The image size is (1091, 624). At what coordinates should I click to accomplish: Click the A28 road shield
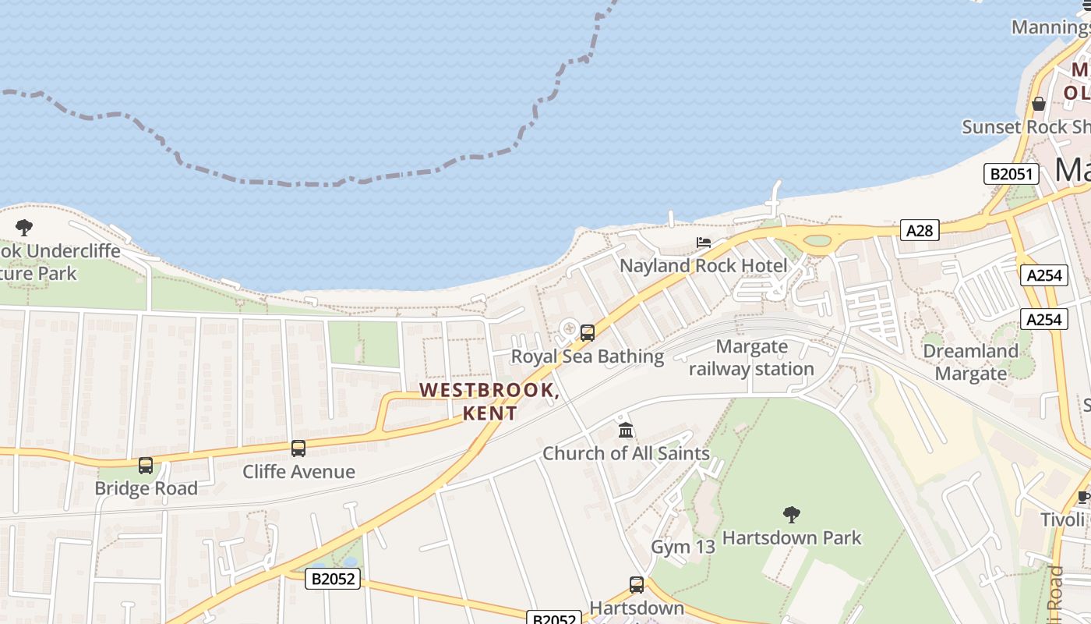[920, 230]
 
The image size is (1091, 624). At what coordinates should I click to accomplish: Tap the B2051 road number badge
[1012, 174]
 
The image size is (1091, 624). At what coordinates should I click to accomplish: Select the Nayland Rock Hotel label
[703, 266]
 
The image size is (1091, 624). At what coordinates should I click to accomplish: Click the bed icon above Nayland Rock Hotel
[704, 243]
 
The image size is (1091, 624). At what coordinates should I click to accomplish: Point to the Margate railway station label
[751, 358]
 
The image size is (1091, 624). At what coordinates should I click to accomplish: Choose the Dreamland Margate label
[970, 362]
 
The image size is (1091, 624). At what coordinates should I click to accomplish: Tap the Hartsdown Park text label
[792, 537]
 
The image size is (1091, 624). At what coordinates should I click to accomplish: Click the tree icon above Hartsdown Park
[792, 515]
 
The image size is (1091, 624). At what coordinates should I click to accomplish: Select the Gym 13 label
[683, 547]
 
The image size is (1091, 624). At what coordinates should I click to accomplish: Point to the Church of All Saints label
[626, 453]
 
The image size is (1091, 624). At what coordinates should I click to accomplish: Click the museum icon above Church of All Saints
[626, 430]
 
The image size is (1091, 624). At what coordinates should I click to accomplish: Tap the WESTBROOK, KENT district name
[489, 401]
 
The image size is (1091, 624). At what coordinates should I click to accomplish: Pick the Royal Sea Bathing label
[588, 356]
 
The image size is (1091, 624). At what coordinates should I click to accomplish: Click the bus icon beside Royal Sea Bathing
[588, 333]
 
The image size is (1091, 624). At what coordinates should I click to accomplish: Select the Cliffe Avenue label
[298, 471]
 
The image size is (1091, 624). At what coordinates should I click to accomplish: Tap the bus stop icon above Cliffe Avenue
[298, 448]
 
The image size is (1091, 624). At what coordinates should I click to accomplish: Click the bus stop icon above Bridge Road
[146, 466]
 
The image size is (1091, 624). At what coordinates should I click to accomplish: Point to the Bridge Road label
[146, 488]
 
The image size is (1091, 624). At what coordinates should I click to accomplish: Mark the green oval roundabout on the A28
[817, 241]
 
